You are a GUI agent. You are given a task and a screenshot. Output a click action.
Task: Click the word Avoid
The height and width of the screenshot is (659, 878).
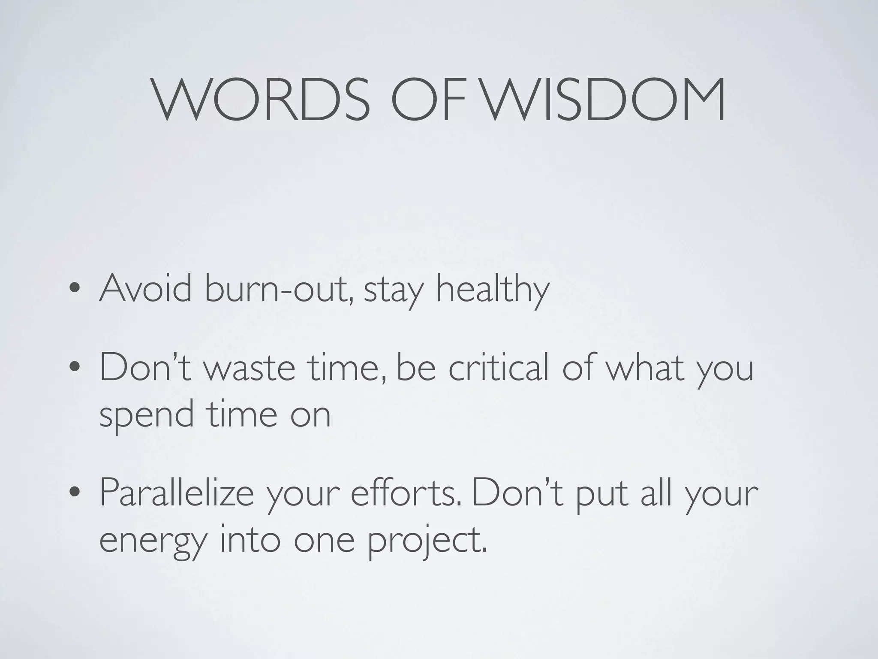tap(145, 288)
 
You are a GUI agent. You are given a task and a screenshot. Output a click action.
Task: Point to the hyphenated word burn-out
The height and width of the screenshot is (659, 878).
tap(279, 288)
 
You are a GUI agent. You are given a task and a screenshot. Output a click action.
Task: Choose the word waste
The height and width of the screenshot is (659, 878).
tap(249, 369)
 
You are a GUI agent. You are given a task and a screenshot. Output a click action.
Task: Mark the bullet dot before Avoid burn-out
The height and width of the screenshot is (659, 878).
tap(75, 288)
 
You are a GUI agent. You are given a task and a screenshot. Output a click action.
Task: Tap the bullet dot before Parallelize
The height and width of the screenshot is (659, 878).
tap(75, 493)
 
